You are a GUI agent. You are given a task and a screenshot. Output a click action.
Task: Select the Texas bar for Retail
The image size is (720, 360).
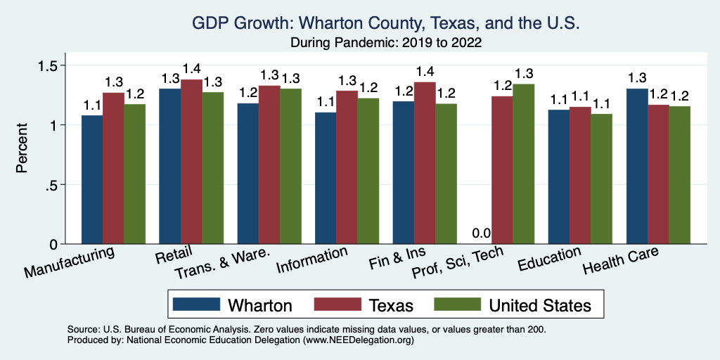[x=191, y=162]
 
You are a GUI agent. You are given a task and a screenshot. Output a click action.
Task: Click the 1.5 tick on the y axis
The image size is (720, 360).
[x=55, y=65]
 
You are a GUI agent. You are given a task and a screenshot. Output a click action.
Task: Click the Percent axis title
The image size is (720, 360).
[x=23, y=148]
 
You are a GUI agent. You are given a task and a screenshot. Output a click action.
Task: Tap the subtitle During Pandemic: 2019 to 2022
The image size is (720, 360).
[x=385, y=42]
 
